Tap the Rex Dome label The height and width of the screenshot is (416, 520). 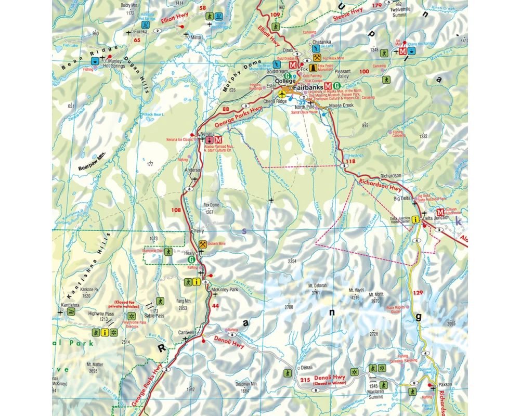211,205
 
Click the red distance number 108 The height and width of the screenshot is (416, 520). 177,211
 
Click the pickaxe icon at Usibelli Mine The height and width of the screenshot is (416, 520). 203,244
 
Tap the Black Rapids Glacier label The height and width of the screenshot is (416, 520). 399,310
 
